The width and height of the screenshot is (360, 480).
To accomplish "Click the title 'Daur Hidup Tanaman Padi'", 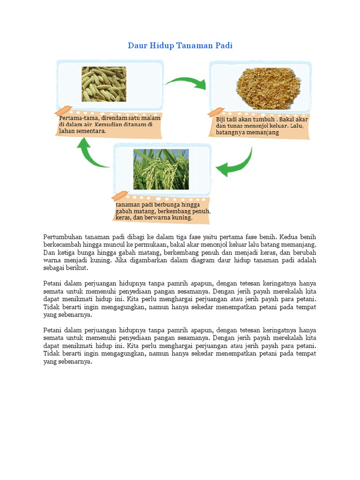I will click(180, 45).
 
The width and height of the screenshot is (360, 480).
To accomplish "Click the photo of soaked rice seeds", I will click(104, 84).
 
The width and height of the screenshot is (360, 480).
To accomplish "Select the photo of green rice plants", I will click(161, 169).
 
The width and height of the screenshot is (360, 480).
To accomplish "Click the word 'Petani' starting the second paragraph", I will click(52, 283).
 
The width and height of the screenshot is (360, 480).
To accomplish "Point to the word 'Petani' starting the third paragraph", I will click(52, 329).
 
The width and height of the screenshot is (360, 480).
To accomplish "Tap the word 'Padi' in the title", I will click(224, 45).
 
